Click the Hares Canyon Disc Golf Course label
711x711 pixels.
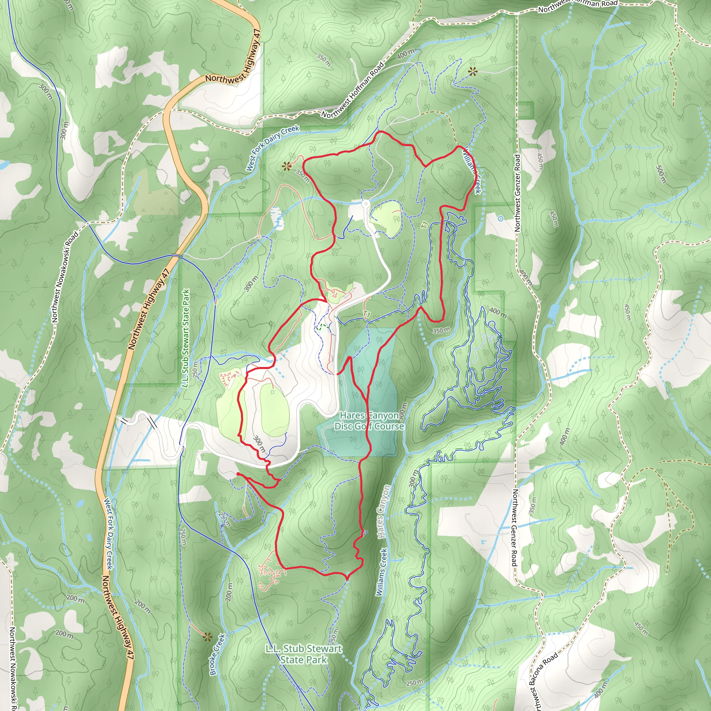[369, 421]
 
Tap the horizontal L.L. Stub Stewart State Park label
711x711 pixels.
[304, 654]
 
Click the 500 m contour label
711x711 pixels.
[661, 174]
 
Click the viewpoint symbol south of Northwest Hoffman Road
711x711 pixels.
[472, 72]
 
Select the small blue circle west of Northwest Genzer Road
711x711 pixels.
[500, 219]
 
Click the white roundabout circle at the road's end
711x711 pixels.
[366, 203]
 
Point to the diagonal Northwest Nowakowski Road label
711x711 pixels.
[66, 277]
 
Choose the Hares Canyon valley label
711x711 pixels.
[384, 511]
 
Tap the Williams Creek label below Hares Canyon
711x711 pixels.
[382, 572]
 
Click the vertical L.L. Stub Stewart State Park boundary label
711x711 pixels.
[186, 337]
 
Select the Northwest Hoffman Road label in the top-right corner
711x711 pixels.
[578, 5]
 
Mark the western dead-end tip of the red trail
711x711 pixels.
[238, 474]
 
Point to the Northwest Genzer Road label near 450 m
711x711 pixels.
[517, 193]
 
